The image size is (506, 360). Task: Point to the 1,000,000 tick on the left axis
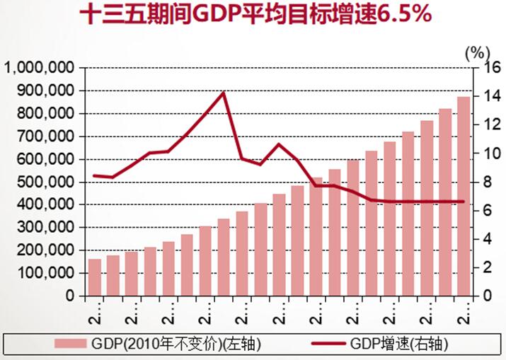coord(41,68)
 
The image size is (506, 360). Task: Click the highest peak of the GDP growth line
coord(223,93)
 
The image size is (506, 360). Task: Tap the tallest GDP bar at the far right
coord(464,196)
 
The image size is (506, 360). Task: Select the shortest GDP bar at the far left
coord(94,277)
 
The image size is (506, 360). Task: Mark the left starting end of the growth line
coord(94,175)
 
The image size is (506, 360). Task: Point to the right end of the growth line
coord(464,202)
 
